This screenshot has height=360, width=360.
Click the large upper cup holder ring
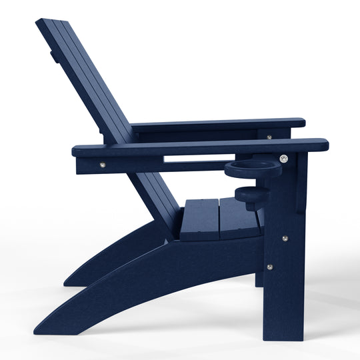pyautogui.click(x=253, y=168)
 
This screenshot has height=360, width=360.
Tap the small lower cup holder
pyautogui.click(x=252, y=195)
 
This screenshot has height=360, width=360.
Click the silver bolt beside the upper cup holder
pyautogui.click(x=284, y=159)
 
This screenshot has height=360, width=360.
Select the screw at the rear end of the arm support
pyautogui.click(x=102, y=165)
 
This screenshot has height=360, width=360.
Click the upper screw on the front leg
pyautogui.click(x=285, y=239)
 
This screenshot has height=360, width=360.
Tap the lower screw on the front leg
pyautogui.click(x=269, y=267)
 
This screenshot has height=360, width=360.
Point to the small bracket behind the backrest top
pyautogui.click(x=53, y=56)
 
